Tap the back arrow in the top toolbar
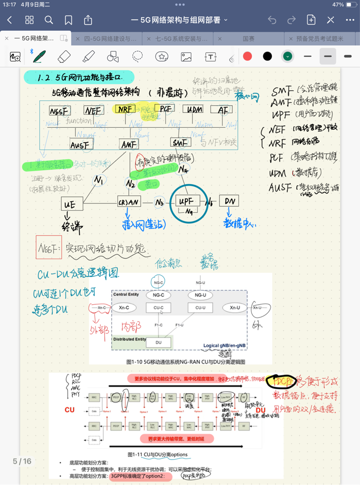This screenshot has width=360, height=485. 10,20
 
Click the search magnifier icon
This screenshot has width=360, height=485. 49,20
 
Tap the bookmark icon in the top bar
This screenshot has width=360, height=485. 68,20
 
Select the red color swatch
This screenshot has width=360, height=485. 247,56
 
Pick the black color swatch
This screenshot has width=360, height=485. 268,56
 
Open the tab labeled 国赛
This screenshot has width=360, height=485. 249,38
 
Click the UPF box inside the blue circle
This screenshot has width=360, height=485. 189,201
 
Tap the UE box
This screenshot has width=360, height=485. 70,204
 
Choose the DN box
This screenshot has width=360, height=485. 229,201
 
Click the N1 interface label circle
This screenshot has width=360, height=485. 99,180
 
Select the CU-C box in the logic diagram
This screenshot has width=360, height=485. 158,308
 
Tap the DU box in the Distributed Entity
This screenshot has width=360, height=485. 158,342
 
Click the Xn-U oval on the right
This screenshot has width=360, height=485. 235,308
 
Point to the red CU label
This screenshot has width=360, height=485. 69,409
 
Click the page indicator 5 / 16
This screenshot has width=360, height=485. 22,461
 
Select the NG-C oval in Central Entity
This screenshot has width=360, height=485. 158,295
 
